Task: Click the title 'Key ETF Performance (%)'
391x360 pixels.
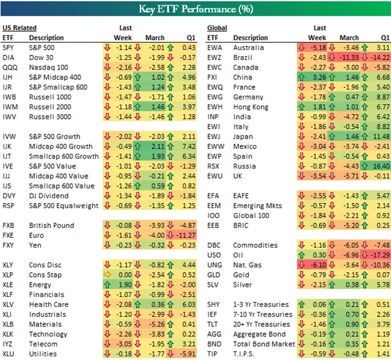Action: coord(195,9)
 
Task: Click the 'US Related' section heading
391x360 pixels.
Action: coord(19,28)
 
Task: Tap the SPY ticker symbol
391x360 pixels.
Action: coord(9,48)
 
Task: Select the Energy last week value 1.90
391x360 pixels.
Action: coord(125,284)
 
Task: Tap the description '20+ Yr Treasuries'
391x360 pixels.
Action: coord(262,324)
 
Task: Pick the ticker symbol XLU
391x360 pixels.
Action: coord(9,353)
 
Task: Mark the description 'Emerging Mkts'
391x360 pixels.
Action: coord(257,206)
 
